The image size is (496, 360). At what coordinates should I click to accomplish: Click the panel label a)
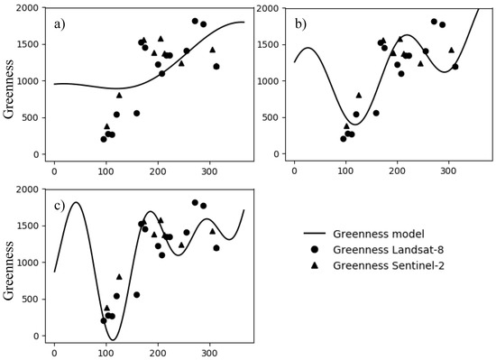tap(62, 23)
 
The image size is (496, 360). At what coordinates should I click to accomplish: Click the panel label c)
tap(62, 205)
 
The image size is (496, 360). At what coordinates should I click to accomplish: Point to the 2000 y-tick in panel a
tap(27, 8)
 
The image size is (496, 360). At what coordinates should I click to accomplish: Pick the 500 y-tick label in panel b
tap(275, 118)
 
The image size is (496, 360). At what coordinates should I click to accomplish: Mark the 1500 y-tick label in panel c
tap(27, 226)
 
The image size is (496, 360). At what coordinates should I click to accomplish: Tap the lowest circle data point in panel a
tap(104, 139)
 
